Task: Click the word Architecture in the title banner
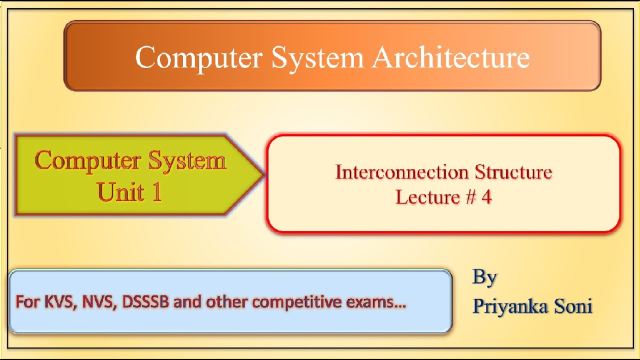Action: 450,57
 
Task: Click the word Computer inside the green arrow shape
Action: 88,161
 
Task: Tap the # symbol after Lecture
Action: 470,197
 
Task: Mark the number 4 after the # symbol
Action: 486,197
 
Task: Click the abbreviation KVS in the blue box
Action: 58,302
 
